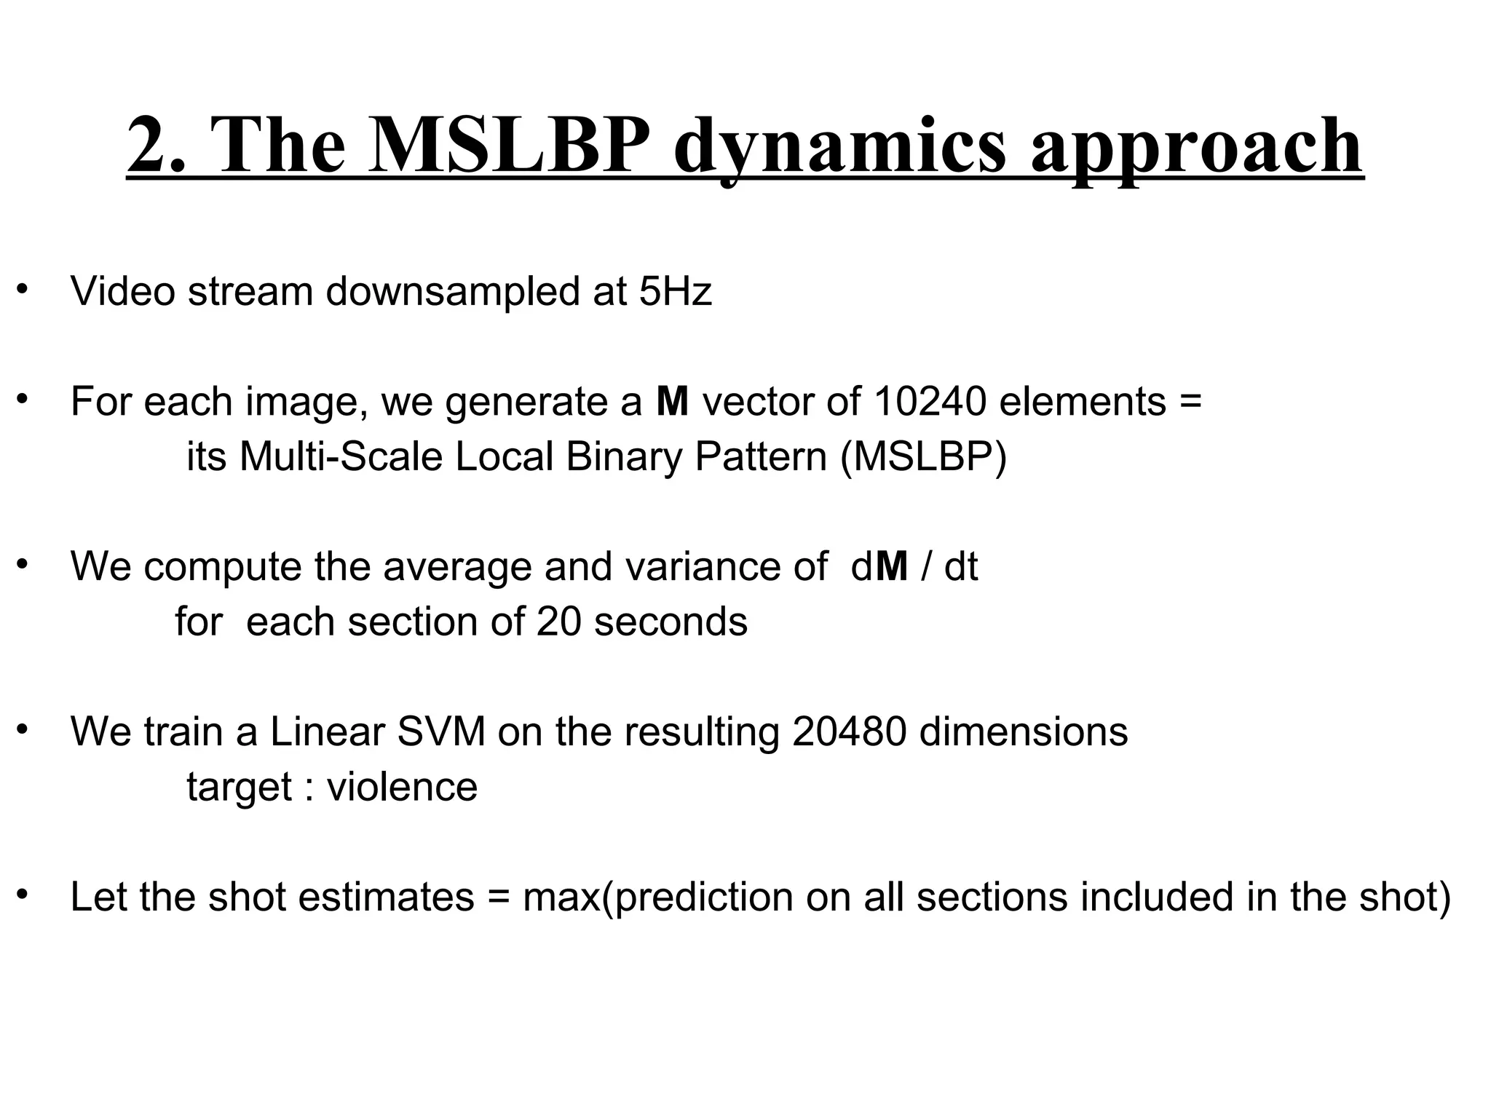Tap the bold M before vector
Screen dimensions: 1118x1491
[x=672, y=401]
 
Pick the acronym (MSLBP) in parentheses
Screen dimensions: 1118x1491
[x=923, y=457]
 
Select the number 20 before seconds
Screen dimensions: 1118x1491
[x=558, y=622]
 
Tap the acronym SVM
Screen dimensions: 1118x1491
[x=441, y=732]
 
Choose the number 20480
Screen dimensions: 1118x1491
[x=850, y=732]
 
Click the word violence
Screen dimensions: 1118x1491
[x=403, y=787]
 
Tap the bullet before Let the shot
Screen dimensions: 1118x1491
[x=23, y=893]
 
